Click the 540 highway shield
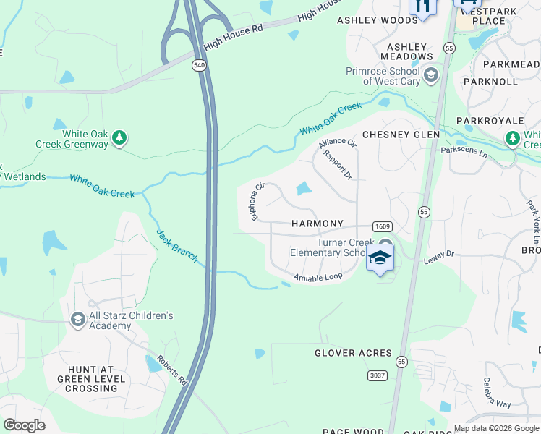198,66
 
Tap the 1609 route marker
382,226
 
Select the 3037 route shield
377,375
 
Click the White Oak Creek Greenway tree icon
120,137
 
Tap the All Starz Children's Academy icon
78,319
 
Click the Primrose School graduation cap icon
431,74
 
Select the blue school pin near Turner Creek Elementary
380,258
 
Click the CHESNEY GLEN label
401,135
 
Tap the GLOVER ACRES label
353,354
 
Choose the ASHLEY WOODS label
378,20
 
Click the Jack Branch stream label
177,245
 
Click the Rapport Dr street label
337,165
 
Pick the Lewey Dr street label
439,254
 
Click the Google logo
24,425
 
